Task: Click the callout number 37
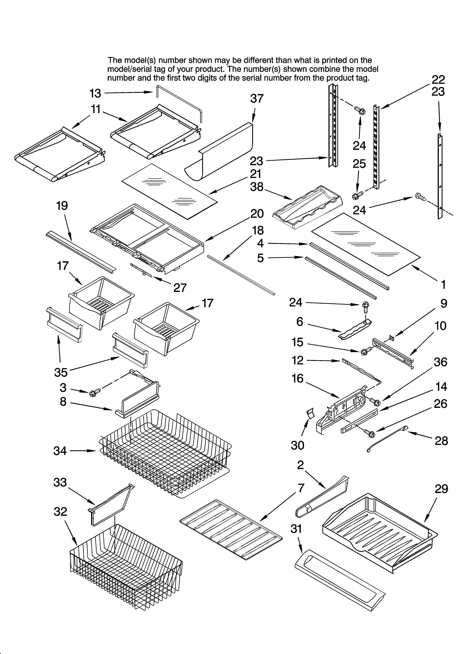pyautogui.click(x=257, y=99)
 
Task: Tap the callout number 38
pyautogui.click(x=257, y=187)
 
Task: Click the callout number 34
pyautogui.click(x=60, y=451)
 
